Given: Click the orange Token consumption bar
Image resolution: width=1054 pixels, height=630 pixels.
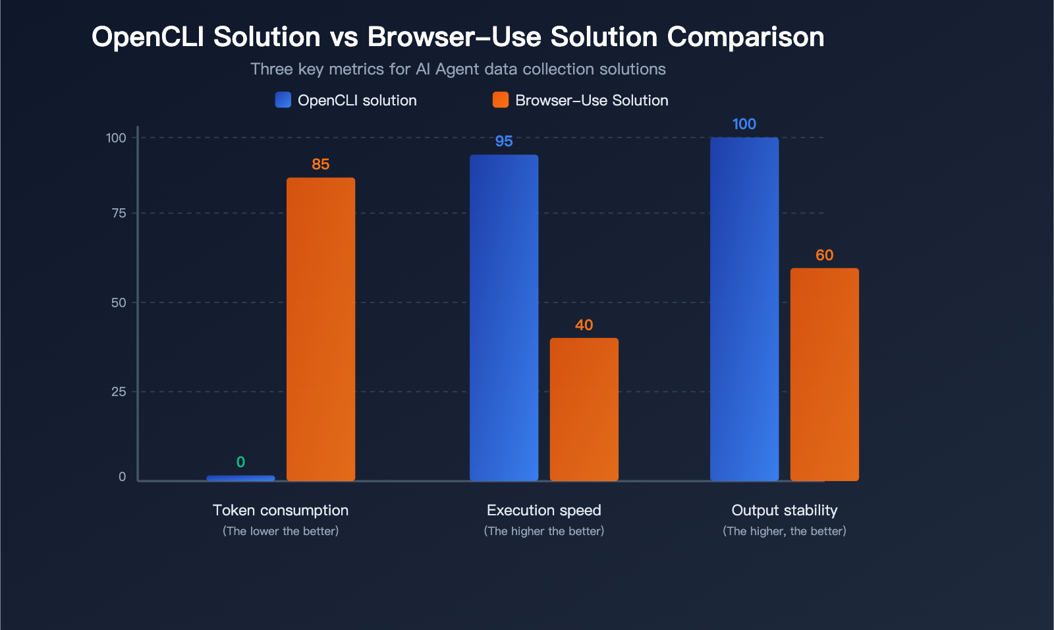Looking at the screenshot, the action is (x=321, y=329).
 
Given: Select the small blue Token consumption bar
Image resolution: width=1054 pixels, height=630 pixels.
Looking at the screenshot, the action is (x=240, y=478).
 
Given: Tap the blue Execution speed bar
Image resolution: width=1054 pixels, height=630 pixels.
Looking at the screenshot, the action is (x=504, y=318).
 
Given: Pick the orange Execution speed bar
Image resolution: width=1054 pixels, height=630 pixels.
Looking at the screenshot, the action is (x=584, y=409).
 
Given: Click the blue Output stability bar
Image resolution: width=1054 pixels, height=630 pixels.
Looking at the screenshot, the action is (x=744, y=309).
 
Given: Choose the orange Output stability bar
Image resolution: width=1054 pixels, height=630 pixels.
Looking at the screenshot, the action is (x=824, y=374).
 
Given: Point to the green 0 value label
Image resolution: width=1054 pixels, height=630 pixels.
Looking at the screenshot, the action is (x=240, y=462).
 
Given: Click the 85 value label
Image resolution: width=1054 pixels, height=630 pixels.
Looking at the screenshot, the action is (x=320, y=164).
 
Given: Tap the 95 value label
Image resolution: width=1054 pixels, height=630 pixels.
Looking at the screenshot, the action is (x=504, y=141).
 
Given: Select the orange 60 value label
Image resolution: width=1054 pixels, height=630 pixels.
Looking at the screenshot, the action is (x=824, y=255).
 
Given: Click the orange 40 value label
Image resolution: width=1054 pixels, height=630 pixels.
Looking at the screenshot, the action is (x=584, y=325).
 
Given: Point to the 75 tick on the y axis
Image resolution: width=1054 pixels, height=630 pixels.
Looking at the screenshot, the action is (x=119, y=214).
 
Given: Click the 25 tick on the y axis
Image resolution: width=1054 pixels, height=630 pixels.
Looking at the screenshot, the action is (x=119, y=391).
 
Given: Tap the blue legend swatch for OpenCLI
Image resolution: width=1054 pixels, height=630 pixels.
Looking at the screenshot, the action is (x=283, y=100).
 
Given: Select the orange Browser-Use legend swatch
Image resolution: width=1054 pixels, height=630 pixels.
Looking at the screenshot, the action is (x=501, y=100).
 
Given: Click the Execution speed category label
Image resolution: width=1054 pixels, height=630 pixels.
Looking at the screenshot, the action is (x=544, y=511).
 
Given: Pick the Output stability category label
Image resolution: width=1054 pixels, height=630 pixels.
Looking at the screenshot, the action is (x=785, y=511).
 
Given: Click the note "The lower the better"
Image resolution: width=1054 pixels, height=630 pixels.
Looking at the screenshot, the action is (x=281, y=531).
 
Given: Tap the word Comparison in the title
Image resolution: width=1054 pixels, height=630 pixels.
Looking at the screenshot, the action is (x=746, y=37).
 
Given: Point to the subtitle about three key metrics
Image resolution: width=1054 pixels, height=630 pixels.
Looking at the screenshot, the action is (x=458, y=69).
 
